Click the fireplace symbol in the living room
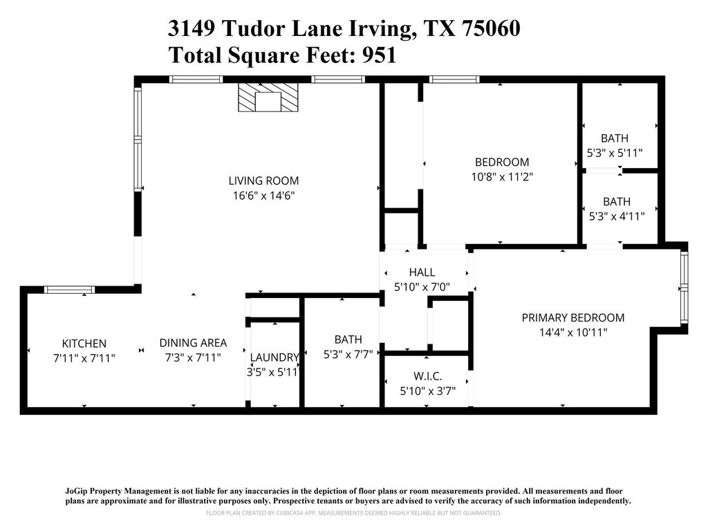point(268,97)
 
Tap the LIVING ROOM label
point(263,180)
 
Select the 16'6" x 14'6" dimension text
point(263,196)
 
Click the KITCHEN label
point(84,344)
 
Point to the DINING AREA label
point(194,343)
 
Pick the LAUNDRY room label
point(274,357)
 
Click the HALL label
point(422,272)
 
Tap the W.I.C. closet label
point(427,375)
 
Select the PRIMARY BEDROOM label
point(573,318)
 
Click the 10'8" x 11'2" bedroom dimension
point(502,176)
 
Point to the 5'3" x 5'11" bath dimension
point(615,153)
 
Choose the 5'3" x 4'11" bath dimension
point(617,216)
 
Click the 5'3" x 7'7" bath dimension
point(348,354)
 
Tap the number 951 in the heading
point(380,55)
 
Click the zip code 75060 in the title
point(491,28)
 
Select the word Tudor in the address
point(253,28)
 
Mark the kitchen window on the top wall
point(69,290)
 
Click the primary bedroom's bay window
point(684,288)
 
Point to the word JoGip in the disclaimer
point(76,491)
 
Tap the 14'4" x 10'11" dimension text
point(573,333)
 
